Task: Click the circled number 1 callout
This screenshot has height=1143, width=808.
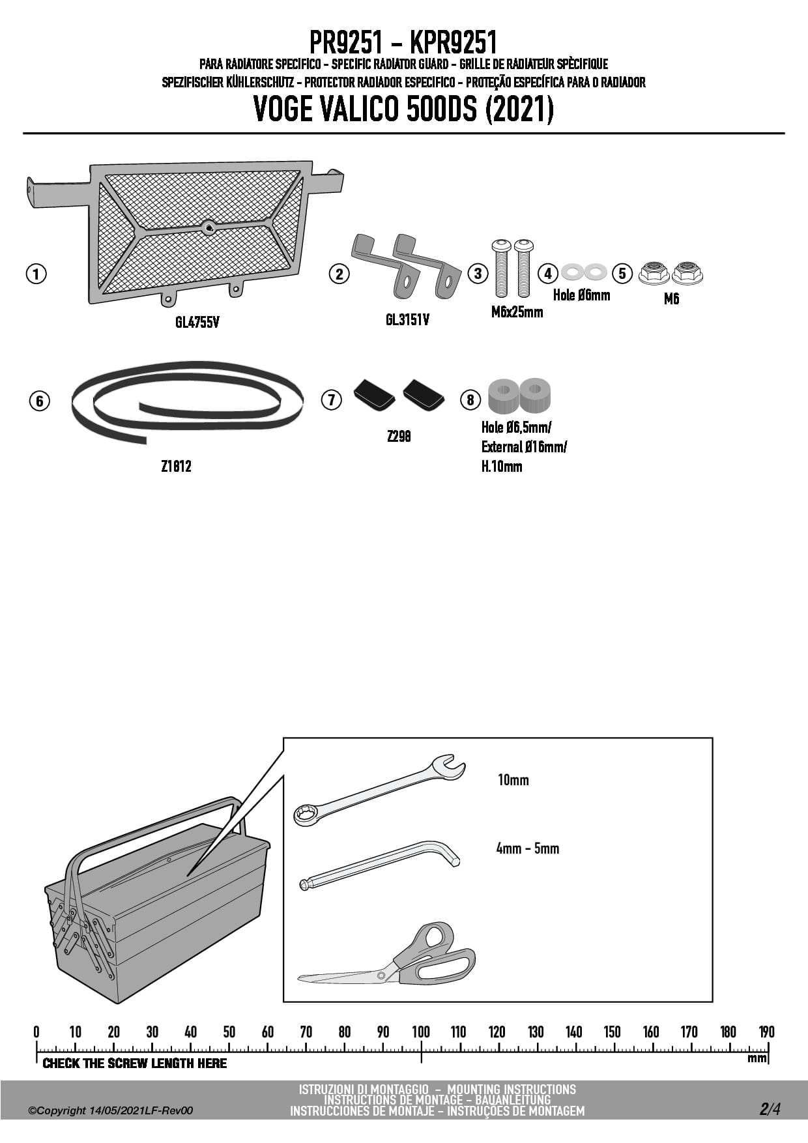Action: [36, 274]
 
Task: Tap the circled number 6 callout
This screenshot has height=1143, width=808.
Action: [40, 400]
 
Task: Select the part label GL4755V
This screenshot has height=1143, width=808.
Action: [197, 322]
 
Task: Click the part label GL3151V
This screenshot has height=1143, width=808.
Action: [407, 319]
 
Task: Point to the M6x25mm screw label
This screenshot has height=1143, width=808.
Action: [517, 311]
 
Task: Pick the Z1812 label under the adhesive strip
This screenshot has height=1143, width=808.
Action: [176, 466]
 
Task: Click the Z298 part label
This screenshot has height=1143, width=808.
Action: [399, 436]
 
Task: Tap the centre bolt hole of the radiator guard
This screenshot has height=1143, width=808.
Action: [209, 227]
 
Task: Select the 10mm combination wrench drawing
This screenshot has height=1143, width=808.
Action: [379, 790]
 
